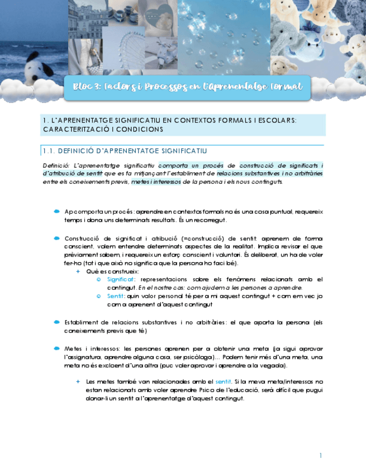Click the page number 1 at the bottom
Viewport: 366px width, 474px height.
point(321,456)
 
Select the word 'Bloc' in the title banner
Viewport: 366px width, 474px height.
point(85,87)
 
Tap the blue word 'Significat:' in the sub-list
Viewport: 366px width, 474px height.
point(121,279)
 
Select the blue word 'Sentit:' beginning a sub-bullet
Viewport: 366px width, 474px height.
point(116,296)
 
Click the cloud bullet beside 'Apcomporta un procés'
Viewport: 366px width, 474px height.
point(57,211)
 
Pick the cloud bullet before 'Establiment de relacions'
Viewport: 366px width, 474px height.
point(57,322)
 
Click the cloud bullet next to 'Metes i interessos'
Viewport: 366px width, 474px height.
point(57,348)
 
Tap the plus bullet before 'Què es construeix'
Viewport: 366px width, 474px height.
point(78,271)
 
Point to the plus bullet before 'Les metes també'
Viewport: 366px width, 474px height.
point(78,381)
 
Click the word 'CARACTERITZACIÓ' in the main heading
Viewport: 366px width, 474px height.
point(71,129)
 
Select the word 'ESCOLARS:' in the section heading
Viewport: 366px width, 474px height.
point(277,120)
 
